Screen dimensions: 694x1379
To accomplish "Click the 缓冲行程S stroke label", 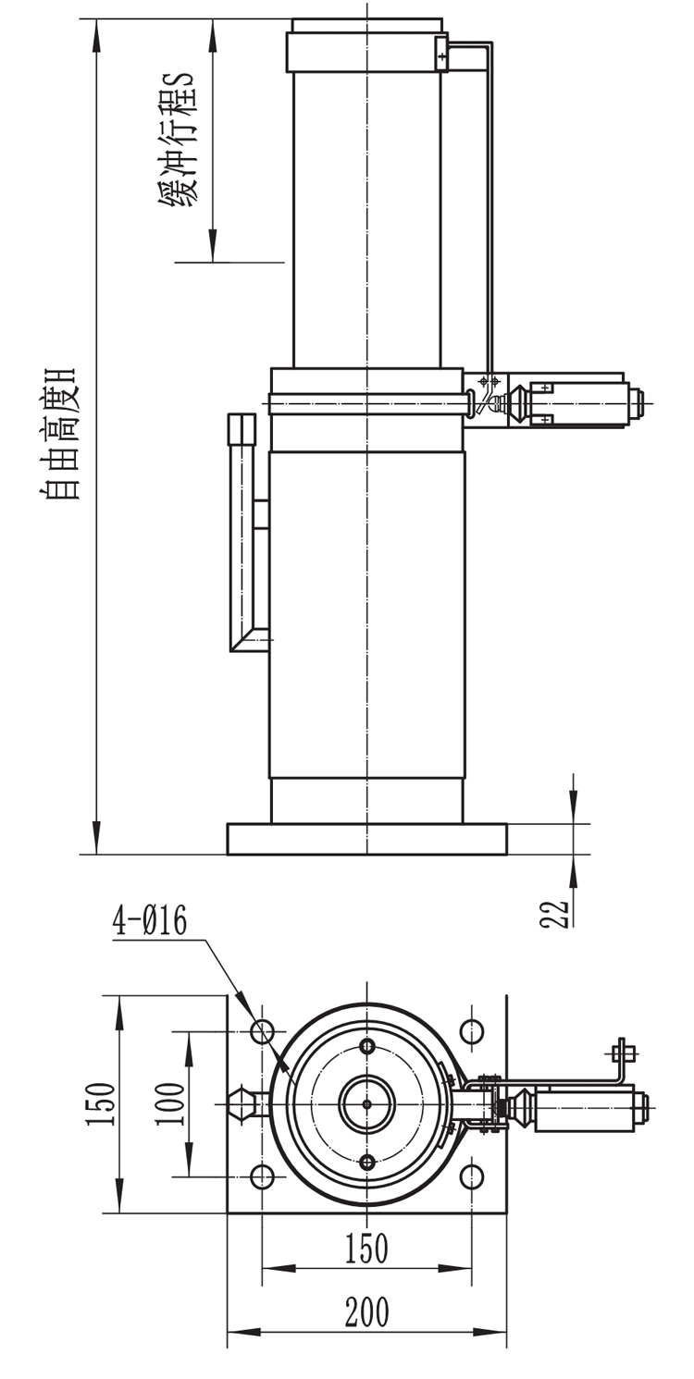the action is click(179, 141).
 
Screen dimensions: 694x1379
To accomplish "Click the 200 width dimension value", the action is click(367, 1311).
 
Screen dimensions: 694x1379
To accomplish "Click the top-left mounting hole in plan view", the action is click(263, 1030).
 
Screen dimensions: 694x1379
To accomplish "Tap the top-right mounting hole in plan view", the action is click(472, 1030).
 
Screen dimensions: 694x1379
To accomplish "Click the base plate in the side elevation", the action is click(367, 839).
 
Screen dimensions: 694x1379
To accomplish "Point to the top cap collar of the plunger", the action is click(367, 52).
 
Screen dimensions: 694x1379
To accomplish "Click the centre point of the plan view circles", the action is click(367, 1104).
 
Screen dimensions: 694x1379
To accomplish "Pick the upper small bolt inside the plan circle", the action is click(367, 1046).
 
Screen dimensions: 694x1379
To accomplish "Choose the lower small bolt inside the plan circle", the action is click(367, 1163).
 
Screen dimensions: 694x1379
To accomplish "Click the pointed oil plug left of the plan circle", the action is click(246, 1104).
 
